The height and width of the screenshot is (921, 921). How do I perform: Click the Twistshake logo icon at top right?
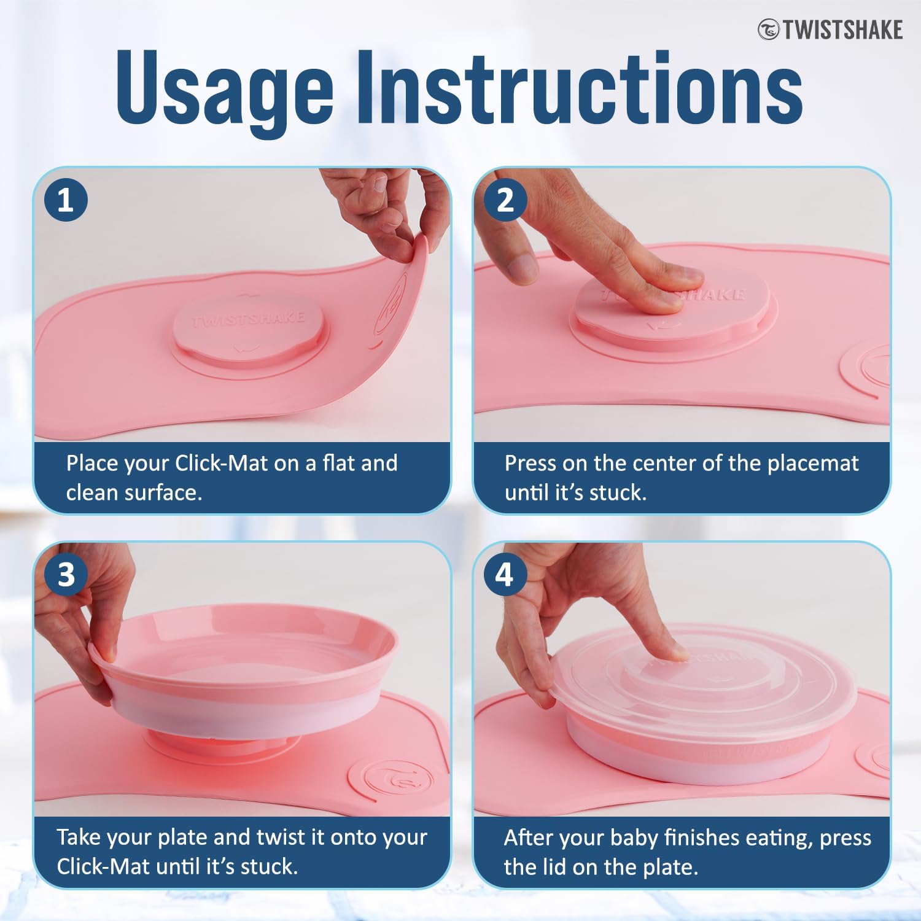click(768, 29)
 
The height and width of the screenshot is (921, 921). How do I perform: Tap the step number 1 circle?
click(66, 200)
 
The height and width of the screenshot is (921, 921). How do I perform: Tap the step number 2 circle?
click(505, 200)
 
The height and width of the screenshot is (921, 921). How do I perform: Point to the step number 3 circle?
click(66, 575)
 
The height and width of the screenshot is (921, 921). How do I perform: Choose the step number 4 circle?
click(505, 575)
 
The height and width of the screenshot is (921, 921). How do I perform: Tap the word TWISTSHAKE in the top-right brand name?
click(842, 29)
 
